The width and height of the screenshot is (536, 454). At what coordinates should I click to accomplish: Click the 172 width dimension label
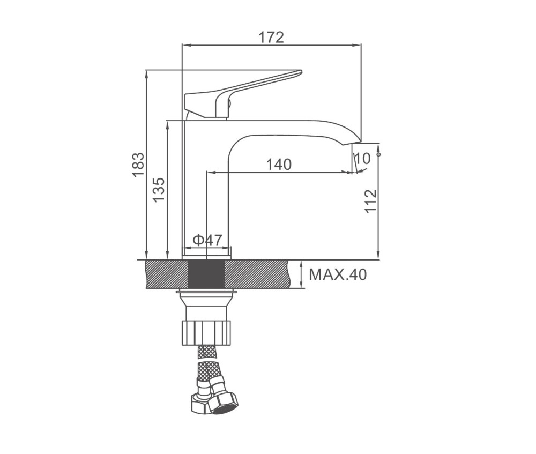[x=271, y=38]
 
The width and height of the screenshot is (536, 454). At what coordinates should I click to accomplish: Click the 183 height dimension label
[x=139, y=165]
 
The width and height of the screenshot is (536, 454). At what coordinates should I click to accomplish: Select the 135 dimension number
[x=159, y=189]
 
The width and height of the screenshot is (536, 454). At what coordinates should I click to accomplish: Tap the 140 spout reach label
[x=279, y=165]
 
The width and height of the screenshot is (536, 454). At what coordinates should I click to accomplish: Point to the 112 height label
[x=370, y=201]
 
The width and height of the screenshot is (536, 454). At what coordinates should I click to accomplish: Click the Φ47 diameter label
[x=207, y=240]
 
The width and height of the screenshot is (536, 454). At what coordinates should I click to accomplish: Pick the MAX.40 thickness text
[x=338, y=274]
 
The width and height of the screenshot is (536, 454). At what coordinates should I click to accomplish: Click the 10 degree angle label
[x=363, y=158]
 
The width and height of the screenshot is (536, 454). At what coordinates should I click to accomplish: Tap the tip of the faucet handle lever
[x=301, y=71]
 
